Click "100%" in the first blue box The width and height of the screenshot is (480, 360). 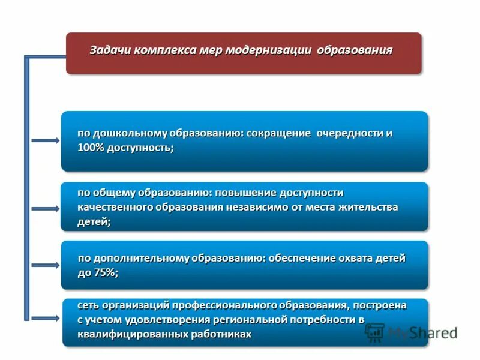91,148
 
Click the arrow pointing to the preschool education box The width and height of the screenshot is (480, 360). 45,141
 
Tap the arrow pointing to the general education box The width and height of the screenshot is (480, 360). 45,208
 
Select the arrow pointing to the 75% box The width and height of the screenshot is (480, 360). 45,265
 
